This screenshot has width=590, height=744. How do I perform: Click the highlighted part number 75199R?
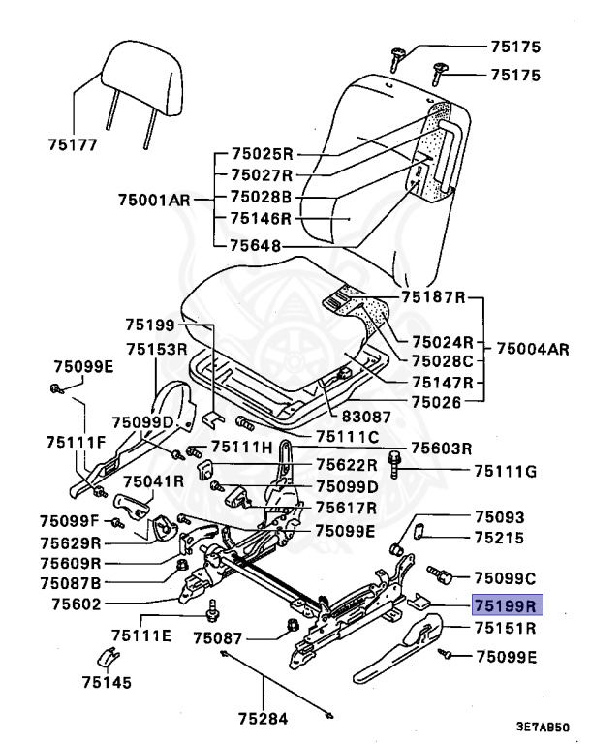point(505,605)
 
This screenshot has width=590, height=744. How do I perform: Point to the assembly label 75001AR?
point(153,201)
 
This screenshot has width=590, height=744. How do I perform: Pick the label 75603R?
point(441,448)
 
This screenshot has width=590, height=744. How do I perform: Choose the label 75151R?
point(505,628)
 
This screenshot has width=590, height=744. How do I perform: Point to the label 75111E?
point(140,635)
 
